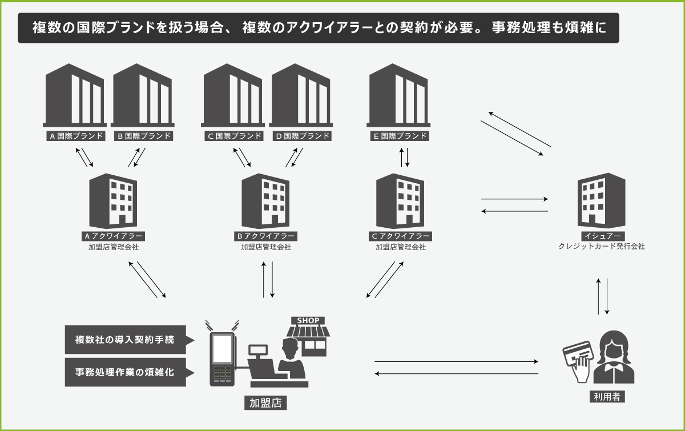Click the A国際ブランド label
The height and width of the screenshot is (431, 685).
[76, 136]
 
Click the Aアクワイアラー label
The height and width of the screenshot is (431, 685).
[114, 236]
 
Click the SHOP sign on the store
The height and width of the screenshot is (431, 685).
[308, 321]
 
